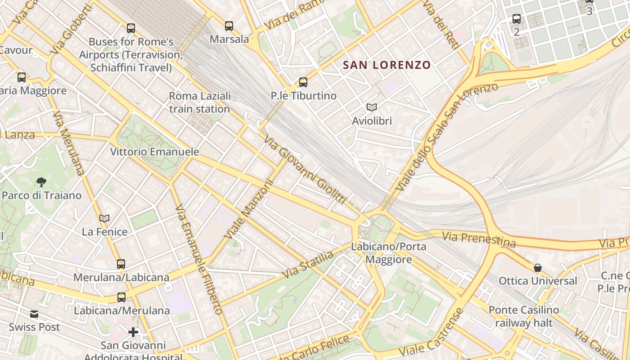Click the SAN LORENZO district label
[x=387, y=65]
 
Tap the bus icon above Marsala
[x=229, y=26]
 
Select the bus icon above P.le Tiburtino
[x=303, y=82]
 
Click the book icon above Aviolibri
[x=371, y=107]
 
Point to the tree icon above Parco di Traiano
[x=41, y=182]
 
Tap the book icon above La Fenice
[x=104, y=219]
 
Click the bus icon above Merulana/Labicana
[x=121, y=264]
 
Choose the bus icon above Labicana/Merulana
[x=121, y=297]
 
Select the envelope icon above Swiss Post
[x=34, y=314]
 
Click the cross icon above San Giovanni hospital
[x=133, y=333]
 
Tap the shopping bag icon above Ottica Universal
[x=537, y=268]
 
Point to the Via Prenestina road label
[x=478, y=238]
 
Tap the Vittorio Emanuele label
[x=154, y=152]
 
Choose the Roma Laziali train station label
[x=200, y=102]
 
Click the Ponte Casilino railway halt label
[x=524, y=316]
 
